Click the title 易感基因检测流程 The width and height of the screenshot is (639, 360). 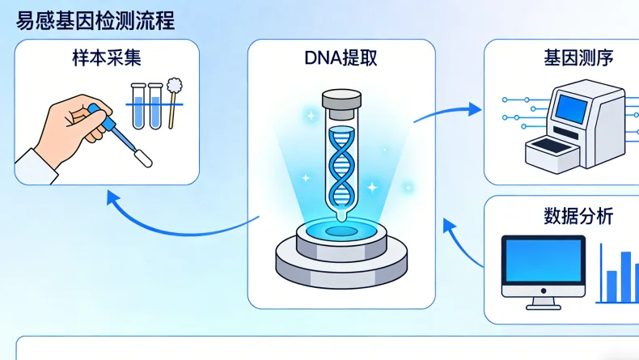(95, 20)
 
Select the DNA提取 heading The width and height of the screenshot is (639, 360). (341, 58)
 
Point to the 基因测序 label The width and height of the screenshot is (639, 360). (578, 58)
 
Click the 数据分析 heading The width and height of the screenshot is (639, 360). (578, 216)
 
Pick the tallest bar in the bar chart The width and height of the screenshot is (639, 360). (625, 275)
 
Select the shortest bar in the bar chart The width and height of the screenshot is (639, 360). (611, 286)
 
